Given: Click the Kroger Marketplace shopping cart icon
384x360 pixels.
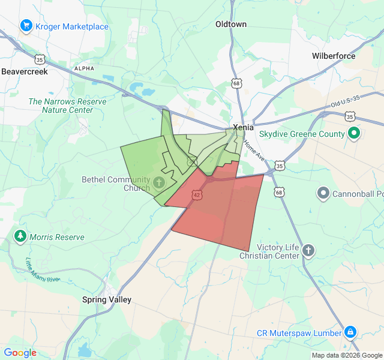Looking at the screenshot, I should coord(26,26).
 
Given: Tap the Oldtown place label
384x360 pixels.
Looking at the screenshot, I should coord(231,24).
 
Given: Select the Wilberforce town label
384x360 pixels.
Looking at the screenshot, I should coord(334,56).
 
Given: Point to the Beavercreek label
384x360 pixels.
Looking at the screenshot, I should coord(24,71).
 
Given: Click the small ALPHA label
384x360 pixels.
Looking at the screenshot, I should coord(84,68).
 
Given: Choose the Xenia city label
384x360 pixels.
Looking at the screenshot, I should coord(244,127).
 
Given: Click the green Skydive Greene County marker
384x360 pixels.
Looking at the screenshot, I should coord(354,134).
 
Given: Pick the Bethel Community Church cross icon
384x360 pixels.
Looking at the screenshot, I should coord(159,182).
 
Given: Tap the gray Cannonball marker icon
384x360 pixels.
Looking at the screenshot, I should coord(323,193).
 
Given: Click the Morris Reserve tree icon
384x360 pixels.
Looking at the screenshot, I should coord(21,236).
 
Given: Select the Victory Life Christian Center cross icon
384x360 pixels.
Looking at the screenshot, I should coord(308,250).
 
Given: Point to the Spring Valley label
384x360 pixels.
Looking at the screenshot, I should coord(107,299).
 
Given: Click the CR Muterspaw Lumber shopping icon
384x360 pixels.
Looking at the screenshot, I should coord(350,332).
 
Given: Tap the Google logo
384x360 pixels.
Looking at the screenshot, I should coord(20,353).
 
